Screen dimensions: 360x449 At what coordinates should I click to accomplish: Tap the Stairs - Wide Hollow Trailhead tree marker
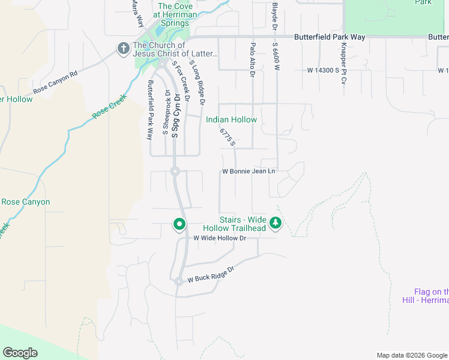[x=276, y=224]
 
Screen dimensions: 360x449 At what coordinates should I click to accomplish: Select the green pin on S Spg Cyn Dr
[x=179, y=224]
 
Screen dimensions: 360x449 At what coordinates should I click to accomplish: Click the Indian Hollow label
[x=231, y=119]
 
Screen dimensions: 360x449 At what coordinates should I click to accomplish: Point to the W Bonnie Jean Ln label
[x=249, y=171]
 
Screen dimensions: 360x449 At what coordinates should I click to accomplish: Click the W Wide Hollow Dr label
[x=220, y=238]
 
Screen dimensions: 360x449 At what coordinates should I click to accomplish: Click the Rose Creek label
[x=110, y=107]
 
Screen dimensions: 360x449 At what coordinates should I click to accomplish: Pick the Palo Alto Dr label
[x=253, y=60]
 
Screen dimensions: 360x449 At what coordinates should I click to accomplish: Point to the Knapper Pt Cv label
[x=344, y=63]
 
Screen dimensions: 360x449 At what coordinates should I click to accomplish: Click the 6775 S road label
[x=227, y=137]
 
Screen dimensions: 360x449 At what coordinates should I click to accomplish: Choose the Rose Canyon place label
[x=25, y=202]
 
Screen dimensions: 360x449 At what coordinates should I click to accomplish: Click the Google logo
[x=20, y=353]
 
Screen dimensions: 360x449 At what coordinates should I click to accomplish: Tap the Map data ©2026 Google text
[x=411, y=355]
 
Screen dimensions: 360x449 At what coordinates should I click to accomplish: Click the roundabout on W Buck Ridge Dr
[x=179, y=281]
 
